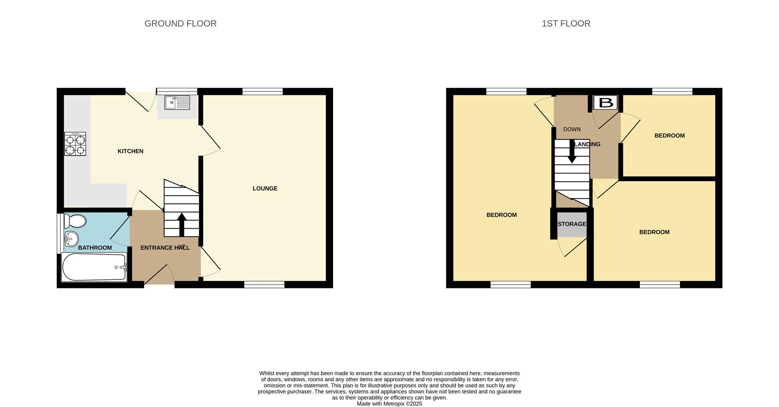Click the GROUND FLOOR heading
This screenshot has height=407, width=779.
[180, 24]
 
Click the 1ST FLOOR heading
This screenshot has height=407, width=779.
[566, 24]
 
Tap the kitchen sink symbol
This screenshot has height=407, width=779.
[177, 102]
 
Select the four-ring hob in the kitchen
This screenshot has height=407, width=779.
[75, 144]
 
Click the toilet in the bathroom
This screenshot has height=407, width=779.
[75, 221]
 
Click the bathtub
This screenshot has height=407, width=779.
[94, 267]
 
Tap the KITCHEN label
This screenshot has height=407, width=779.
[130, 151]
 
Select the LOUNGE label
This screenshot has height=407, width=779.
[265, 188]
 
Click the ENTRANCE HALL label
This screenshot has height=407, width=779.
[165, 248]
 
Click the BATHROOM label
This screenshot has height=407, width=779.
[95, 248]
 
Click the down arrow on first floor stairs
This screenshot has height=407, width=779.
[572, 152]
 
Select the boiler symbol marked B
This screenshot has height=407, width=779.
[605, 102]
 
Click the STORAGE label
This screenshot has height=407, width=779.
[572, 224]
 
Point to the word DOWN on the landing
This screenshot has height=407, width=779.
[572, 129]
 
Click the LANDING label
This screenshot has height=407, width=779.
[588, 144]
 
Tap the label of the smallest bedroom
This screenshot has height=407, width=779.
[669, 136]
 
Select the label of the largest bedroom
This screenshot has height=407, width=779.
[501, 215]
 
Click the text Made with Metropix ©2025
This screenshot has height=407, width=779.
[389, 404]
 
